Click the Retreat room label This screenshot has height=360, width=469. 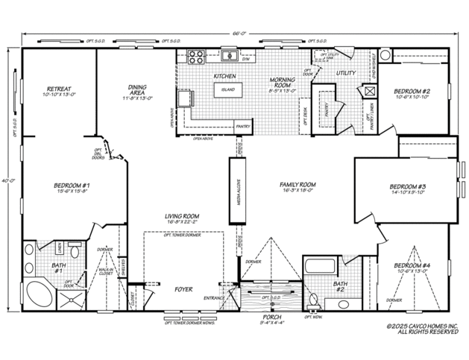pyautogui.click(x=57, y=88)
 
